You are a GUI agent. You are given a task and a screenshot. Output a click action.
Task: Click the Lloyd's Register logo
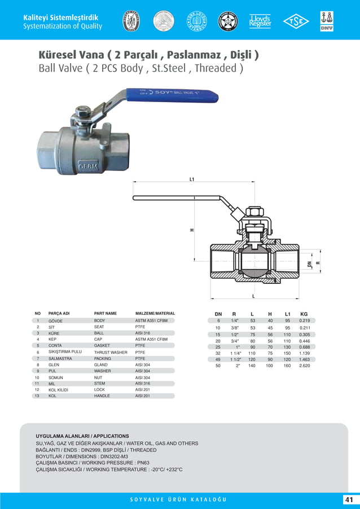point(260,21)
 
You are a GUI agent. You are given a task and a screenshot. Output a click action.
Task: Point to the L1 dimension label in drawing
point(192,179)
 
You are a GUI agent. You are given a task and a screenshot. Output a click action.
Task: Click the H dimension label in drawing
point(192,229)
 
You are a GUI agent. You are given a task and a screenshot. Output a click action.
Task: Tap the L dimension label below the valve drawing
point(253,296)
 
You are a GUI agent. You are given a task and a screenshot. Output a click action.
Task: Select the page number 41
point(348,500)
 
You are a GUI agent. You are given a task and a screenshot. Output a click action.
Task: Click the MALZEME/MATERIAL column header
point(155,313)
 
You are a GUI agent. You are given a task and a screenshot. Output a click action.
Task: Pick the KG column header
point(304,314)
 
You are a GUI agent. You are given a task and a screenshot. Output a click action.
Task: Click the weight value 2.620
point(304,366)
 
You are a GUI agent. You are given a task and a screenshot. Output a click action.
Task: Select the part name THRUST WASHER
point(111,352)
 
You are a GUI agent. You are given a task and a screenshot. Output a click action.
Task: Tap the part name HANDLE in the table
point(102,396)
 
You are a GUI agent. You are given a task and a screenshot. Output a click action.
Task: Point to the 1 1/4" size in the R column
point(235,353)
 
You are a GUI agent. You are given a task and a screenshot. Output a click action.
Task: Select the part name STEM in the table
point(100,384)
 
